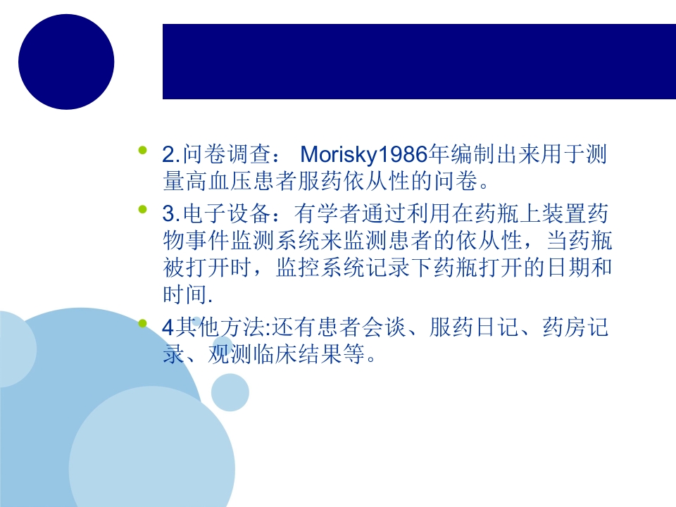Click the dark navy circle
[x=66, y=61]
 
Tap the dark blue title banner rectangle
[x=419, y=61]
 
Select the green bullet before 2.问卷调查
[x=144, y=150]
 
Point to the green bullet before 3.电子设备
[x=144, y=208]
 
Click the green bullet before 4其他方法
[x=144, y=325]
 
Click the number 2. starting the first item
[x=172, y=154]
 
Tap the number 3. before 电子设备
[x=172, y=213]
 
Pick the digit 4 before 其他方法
[x=168, y=329]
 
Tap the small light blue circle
[x=230, y=392]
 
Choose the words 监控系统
[x=323, y=267]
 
